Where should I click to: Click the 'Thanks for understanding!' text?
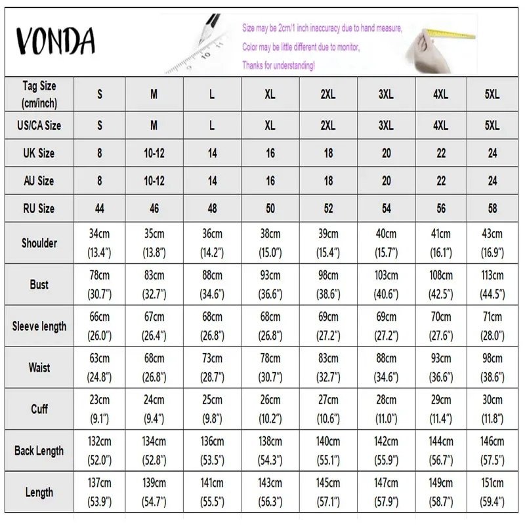pyautogui.click(x=278, y=66)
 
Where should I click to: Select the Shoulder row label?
pyautogui.click(x=39, y=243)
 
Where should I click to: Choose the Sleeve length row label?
pyautogui.click(x=39, y=326)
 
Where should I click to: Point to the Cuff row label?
pyautogui.click(x=39, y=409)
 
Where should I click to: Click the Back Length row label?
pyautogui.click(x=39, y=451)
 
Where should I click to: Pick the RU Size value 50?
pyautogui.click(x=270, y=209)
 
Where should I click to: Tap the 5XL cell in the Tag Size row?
pyautogui.click(x=492, y=94)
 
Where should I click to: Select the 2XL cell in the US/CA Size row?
pyautogui.click(x=328, y=125)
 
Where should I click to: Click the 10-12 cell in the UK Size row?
pyautogui.click(x=154, y=153)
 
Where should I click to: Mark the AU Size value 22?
pyautogui.click(x=440, y=180)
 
